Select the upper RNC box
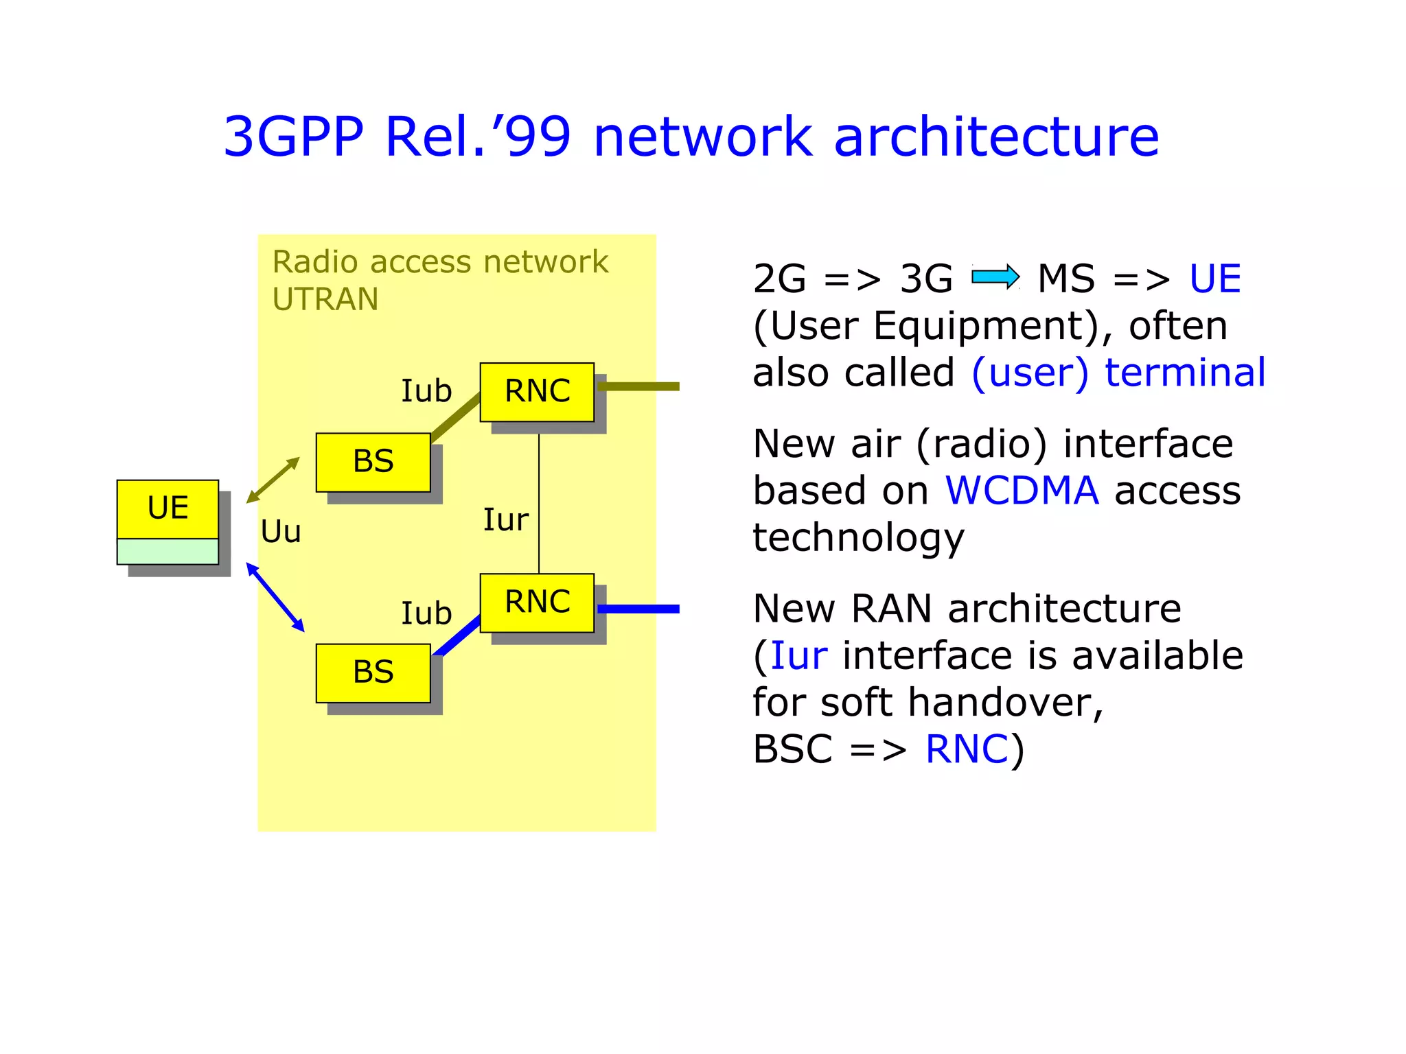click(x=537, y=392)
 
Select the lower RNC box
click(x=537, y=602)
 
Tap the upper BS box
click(x=373, y=462)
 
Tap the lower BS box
click(x=373, y=672)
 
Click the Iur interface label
click(x=505, y=520)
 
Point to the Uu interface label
click(x=281, y=532)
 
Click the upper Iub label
click(x=426, y=391)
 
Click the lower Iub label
click(x=426, y=613)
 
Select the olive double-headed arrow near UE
click(x=273, y=480)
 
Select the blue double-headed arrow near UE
click(x=275, y=597)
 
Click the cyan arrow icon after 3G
click(x=995, y=277)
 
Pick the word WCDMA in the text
click(x=1022, y=491)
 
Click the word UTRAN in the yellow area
click(x=325, y=300)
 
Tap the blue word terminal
click(x=1185, y=373)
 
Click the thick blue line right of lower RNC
click(x=638, y=609)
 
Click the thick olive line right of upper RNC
click(x=638, y=387)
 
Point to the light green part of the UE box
click(x=168, y=552)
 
